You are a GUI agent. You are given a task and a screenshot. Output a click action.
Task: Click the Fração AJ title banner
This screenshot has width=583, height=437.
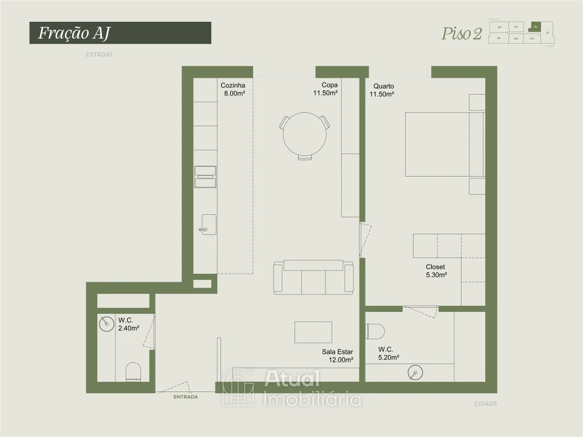point(120,33)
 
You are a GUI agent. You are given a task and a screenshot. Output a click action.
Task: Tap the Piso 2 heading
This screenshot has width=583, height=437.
point(462,34)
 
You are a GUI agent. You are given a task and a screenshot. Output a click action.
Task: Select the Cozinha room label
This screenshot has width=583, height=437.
point(233,90)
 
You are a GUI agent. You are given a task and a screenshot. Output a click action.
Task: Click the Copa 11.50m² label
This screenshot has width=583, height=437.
point(326,89)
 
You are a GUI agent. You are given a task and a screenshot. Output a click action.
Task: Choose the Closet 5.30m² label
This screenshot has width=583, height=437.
point(436,271)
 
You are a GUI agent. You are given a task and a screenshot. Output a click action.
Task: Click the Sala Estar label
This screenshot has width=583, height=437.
point(338,356)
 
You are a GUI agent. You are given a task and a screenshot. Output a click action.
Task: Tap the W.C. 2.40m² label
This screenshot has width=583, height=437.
point(128,324)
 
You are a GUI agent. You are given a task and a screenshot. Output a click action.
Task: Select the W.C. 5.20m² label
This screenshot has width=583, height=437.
point(388,353)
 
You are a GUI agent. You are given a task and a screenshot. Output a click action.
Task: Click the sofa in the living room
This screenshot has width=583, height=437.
point(313,277)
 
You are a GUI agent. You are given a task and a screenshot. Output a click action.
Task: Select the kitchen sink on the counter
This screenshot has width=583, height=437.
point(207,224)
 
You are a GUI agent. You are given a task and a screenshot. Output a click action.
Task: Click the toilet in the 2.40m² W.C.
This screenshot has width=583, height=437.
point(132,371)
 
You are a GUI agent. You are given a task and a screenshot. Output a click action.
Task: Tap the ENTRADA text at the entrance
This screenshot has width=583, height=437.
point(185,397)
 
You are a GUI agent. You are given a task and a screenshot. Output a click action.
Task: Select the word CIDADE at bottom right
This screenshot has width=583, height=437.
point(485,404)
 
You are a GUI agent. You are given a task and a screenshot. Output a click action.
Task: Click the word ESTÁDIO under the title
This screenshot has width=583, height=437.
point(99,55)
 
